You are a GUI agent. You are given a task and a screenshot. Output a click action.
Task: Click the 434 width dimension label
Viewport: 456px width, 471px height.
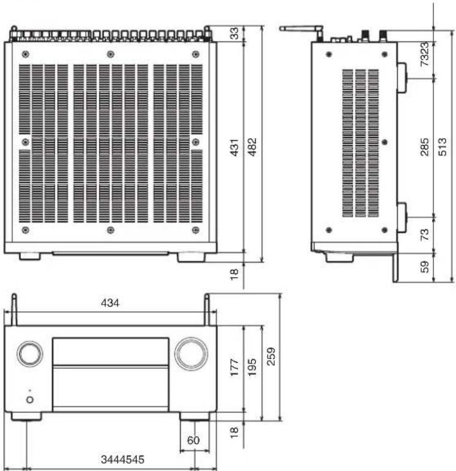pyautogui.click(x=110, y=303)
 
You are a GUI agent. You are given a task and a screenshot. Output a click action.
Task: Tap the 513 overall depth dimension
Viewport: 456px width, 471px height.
pyautogui.click(x=443, y=147)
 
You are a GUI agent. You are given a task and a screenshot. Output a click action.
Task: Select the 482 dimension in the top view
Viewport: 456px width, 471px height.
pyautogui.click(x=252, y=147)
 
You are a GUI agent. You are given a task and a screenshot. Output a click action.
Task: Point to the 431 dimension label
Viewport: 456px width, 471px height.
pyautogui.click(x=234, y=147)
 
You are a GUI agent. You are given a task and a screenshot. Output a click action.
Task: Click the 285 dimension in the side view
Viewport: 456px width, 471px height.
pyautogui.click(x=424, y=147)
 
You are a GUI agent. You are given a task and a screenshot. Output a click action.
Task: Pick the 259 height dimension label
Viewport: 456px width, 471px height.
pyautogui.click(x=271, y=356)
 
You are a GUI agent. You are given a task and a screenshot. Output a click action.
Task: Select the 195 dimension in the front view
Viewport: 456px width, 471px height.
pyautogui.click(x=252, y=367)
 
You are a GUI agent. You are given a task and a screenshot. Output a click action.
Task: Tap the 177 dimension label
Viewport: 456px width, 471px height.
pyautogui.click(x=234, y=367)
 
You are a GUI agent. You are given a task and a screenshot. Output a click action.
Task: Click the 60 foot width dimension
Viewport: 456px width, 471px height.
pyautogui.click(x=193, y=440)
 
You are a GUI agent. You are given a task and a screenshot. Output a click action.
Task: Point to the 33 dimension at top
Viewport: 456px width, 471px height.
pyautogui.click(x=234, y=34)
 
